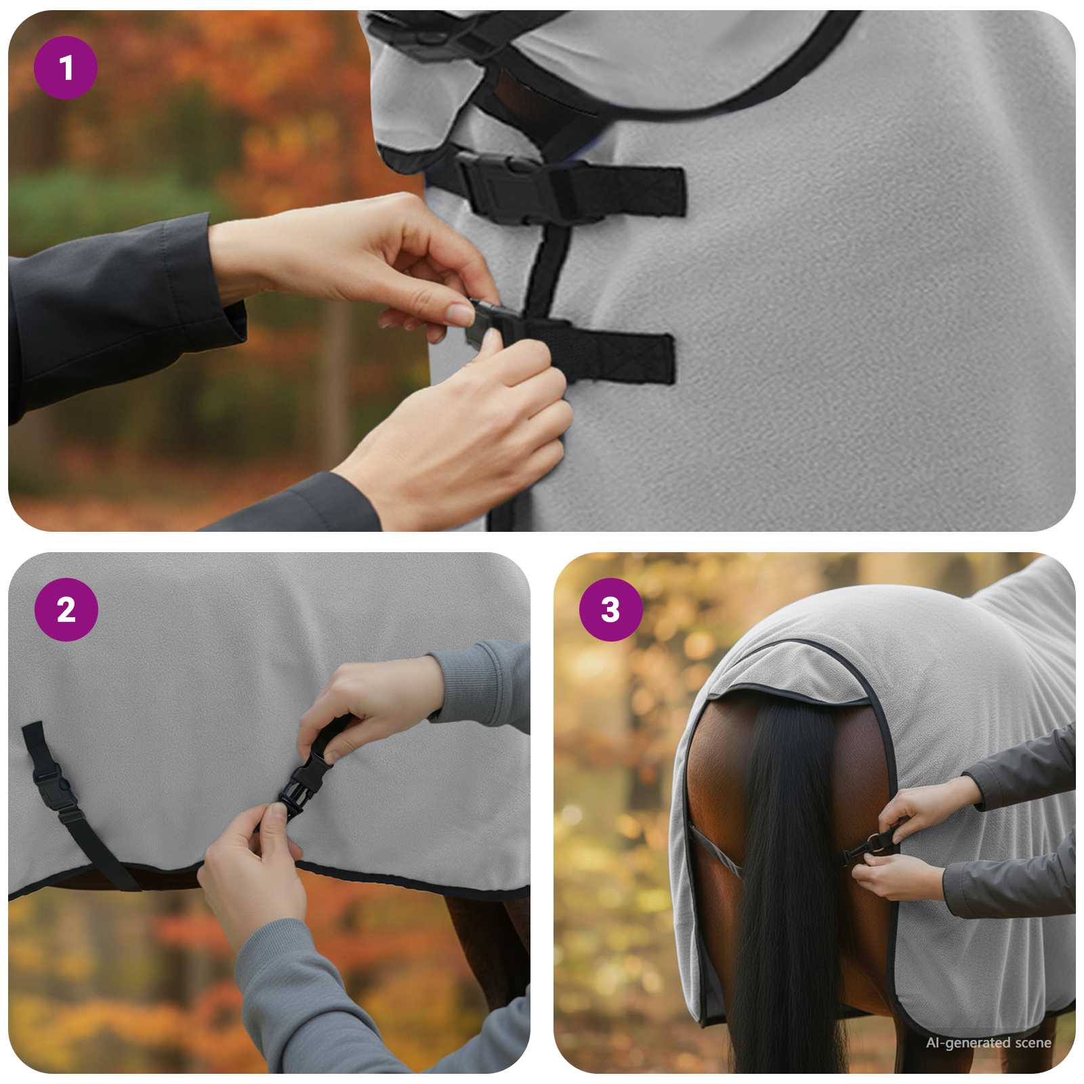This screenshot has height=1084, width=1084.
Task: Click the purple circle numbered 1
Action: point(66,68)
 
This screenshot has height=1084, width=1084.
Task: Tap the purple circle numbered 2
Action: point(66,610)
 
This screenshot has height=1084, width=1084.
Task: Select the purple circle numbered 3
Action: point(610,610)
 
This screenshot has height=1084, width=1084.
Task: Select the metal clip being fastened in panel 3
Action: point(874,843)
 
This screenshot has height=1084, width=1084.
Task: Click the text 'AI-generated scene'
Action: point(988,1043)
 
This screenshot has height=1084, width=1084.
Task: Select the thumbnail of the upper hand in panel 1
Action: point(461,314)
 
